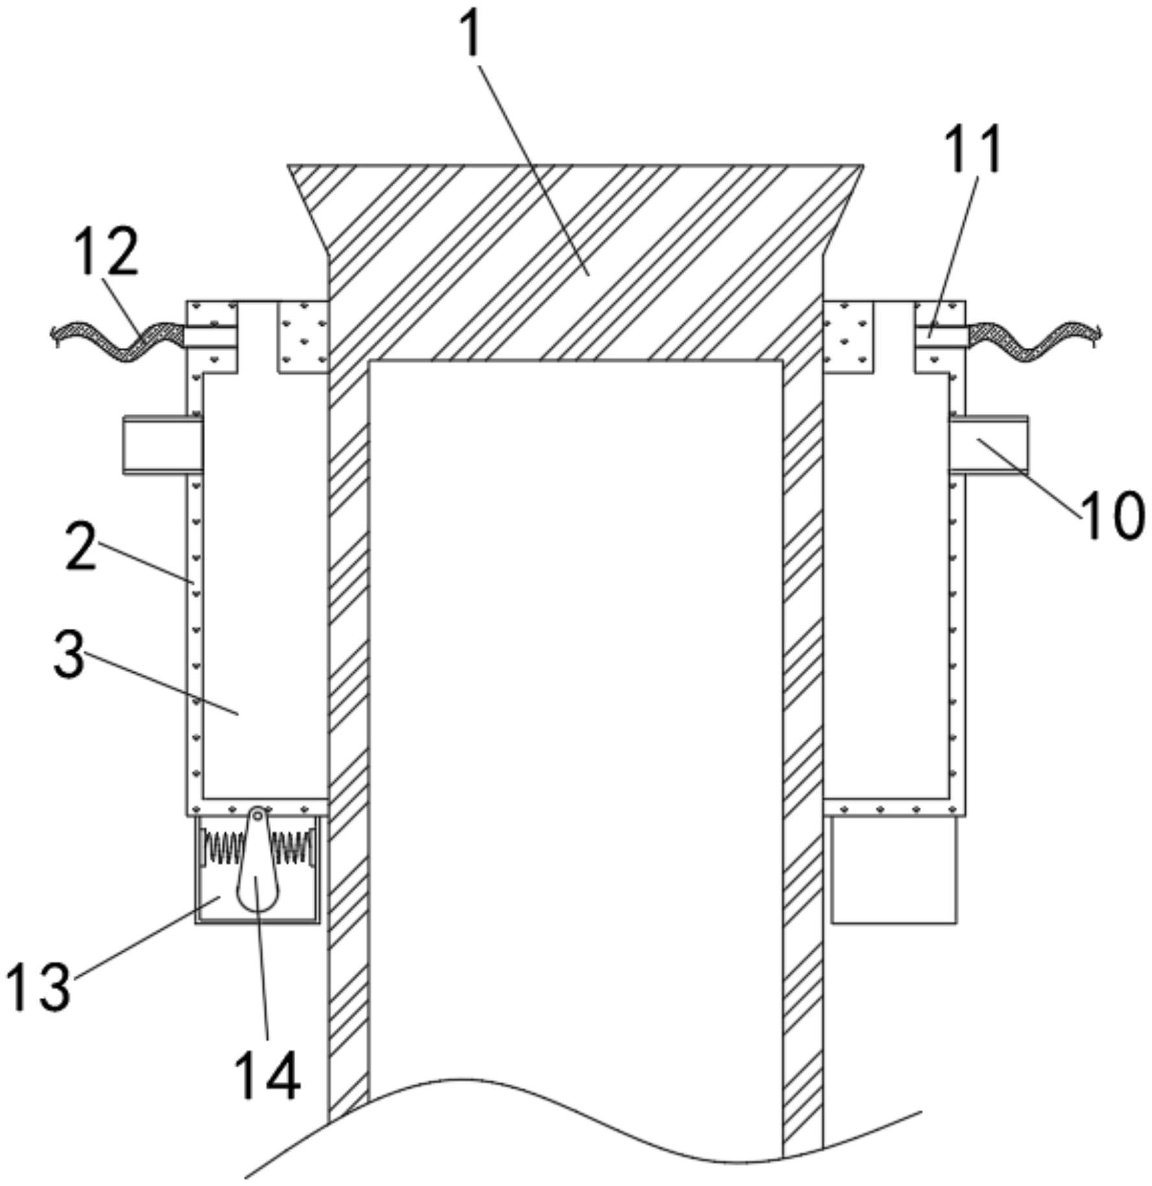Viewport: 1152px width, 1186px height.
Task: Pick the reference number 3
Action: pos(69,655)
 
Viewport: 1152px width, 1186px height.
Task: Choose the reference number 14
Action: pos(267,1075)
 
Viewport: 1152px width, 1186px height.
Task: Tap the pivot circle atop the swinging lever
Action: pos(258,814)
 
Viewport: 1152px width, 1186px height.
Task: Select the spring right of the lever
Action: pos(293,848)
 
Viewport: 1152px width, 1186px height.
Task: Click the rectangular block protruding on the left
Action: pos(163,445)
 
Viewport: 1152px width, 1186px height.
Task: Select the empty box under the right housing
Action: pos(894,869)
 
